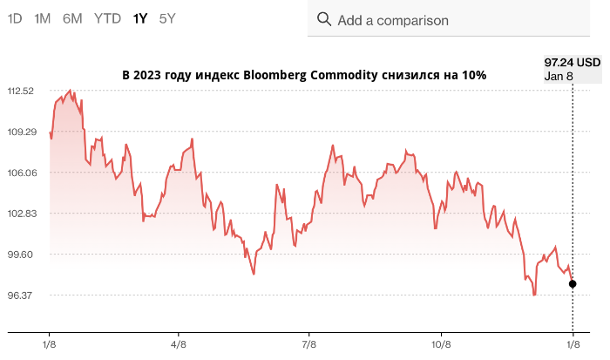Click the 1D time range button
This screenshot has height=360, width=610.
(15, 18)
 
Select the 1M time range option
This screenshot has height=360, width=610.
(42, 18)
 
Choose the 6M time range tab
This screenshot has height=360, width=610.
(72, 18)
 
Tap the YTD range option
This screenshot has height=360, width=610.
(108, 18)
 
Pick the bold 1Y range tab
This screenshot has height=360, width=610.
(140, 18)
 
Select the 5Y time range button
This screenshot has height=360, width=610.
(167, 18)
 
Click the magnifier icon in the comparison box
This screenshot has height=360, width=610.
(324, 19)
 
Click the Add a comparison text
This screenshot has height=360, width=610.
(393, 20)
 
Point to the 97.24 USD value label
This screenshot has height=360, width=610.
(572, 63)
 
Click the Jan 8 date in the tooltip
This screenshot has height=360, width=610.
(559, 76)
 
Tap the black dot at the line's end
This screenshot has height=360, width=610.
(573, 284)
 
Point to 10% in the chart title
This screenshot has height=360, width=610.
(473, 76)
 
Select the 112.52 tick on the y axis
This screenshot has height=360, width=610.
(20, 92)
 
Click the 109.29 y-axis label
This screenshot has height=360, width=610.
(20, 132)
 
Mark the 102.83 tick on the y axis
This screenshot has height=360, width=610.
(20, 214)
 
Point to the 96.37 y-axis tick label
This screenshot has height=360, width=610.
(20, 295)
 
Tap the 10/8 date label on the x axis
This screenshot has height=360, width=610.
(441, 345)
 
